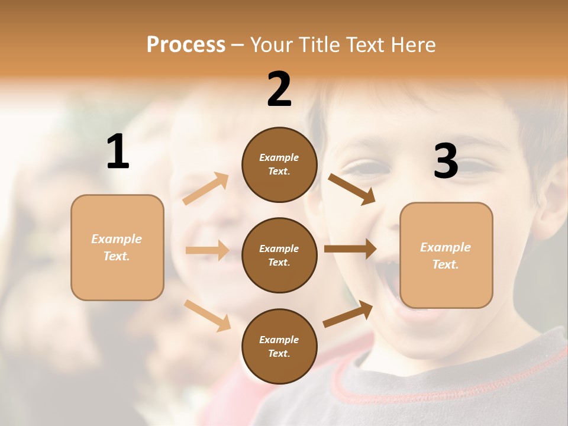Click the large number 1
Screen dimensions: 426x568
(118, 152)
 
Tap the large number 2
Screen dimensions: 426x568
(279, 89)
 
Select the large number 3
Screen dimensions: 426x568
(446, 162)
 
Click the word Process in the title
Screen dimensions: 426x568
(186, 45)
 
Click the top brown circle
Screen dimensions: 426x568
(279, 164)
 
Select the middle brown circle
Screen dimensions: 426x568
(279, 255)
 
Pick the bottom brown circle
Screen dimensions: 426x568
(279, 346)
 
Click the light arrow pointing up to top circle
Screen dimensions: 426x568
(206, 189)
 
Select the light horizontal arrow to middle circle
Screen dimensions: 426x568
(207, 250)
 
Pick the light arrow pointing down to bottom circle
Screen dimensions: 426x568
(207, 315)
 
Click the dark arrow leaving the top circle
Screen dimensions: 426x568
(351, 189)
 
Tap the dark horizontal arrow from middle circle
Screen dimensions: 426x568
(350, 249)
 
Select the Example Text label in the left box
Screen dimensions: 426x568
(117, 247)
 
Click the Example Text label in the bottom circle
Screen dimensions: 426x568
(279, 346)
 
